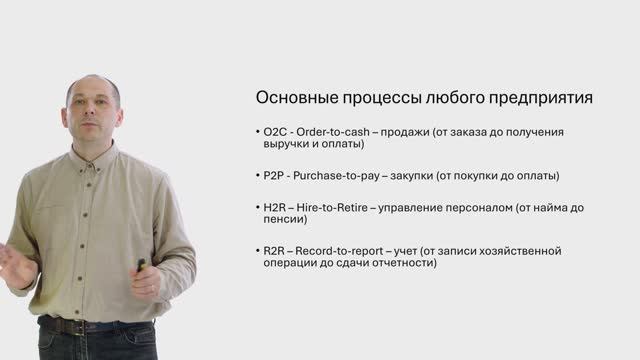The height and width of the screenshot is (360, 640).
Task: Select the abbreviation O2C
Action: tap(273, 132)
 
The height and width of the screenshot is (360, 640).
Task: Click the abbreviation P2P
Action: tap(272, 176)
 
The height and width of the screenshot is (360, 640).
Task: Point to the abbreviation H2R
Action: tap(273, 207)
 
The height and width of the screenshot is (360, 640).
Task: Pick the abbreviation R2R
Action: tap(273, 250)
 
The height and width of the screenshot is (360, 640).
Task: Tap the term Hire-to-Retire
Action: tap(335, 207)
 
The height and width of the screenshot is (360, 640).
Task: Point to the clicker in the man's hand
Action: tap(141, 265)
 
